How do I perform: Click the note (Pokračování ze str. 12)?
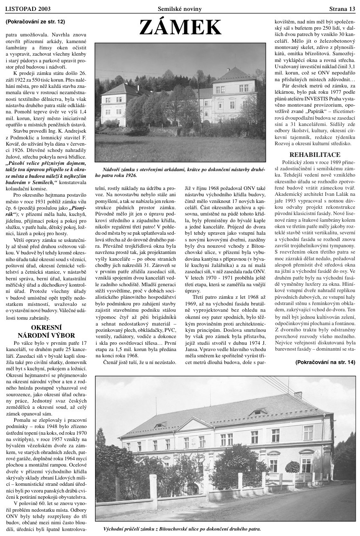coord(36,21)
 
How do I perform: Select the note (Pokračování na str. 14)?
coord(325,362)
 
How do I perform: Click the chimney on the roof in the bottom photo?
coord(298,395)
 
